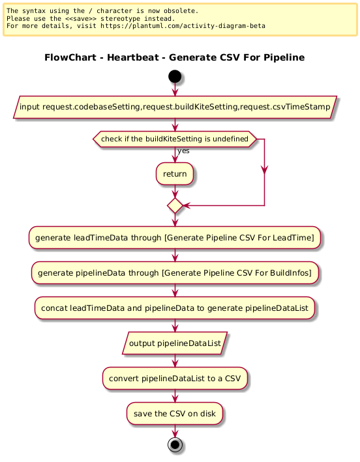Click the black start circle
click(x=175, y=76)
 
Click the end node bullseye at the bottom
click(x=175, y=444)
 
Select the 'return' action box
click(x=175, y=174)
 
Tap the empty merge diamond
click(x=175, y=206)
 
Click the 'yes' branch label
click(x=183, y=151)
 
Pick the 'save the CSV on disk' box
click(x=175, y=414)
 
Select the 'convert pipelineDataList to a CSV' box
click(x=175, y=379)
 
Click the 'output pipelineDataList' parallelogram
click(x=175, y=343)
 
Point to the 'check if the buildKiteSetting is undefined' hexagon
click(x=175, y=139)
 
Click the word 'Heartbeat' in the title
click(x=132, y=57)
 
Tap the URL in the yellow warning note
click(x=183, y=26)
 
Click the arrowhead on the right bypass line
click(x=265, y=170)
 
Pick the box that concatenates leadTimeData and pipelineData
click(x=175, y=308)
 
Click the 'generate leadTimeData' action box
click(x=175, y=238)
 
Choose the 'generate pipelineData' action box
click(x=175, y=273)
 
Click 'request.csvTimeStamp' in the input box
click(x=285, y=107)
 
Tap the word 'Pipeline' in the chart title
click(x=284, y=57)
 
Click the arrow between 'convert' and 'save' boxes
click(x=175, y=396)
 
